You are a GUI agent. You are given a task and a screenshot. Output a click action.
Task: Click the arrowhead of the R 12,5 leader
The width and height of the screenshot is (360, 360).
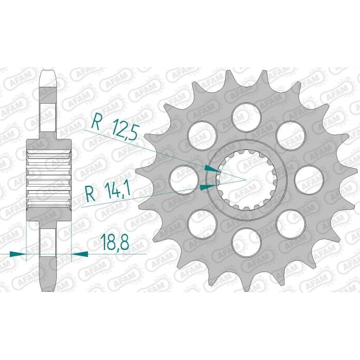click(213, 169)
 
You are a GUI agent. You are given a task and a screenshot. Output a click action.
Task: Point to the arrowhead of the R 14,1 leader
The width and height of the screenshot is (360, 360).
click(208, 187)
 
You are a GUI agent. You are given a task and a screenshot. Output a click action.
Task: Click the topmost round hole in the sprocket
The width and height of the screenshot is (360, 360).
click(247, 117)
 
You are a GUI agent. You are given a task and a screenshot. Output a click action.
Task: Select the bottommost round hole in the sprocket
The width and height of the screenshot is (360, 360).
click(247, 242)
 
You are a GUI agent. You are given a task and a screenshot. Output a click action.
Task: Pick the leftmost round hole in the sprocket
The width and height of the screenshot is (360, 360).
click(184, 180)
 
